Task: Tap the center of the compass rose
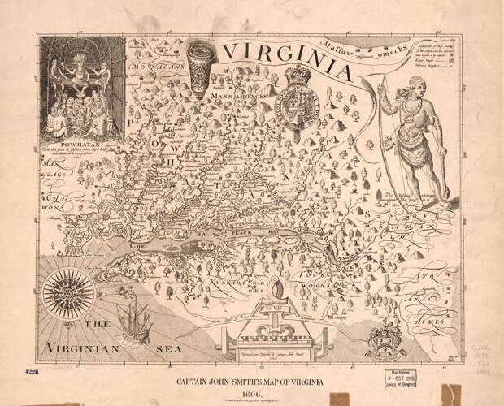click(x=63, y=293)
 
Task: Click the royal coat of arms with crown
click(x=298, y=104)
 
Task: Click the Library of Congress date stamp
click(x=404, y=381)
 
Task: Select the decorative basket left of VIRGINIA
click(x=198, y=63)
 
